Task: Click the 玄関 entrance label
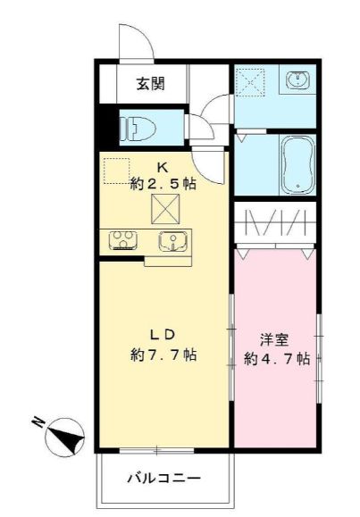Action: (x=149, y=85)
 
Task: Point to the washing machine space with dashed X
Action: (x=251, y=83)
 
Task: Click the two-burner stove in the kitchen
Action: (x=122, y=239)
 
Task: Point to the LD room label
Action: (x=161, y=336)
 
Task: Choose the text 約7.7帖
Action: (x=162, y=354)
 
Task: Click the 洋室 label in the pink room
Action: (x=273, y=340)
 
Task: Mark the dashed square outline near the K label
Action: (x=115, y=171)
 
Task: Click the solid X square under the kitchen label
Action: (x=164, y=208)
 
